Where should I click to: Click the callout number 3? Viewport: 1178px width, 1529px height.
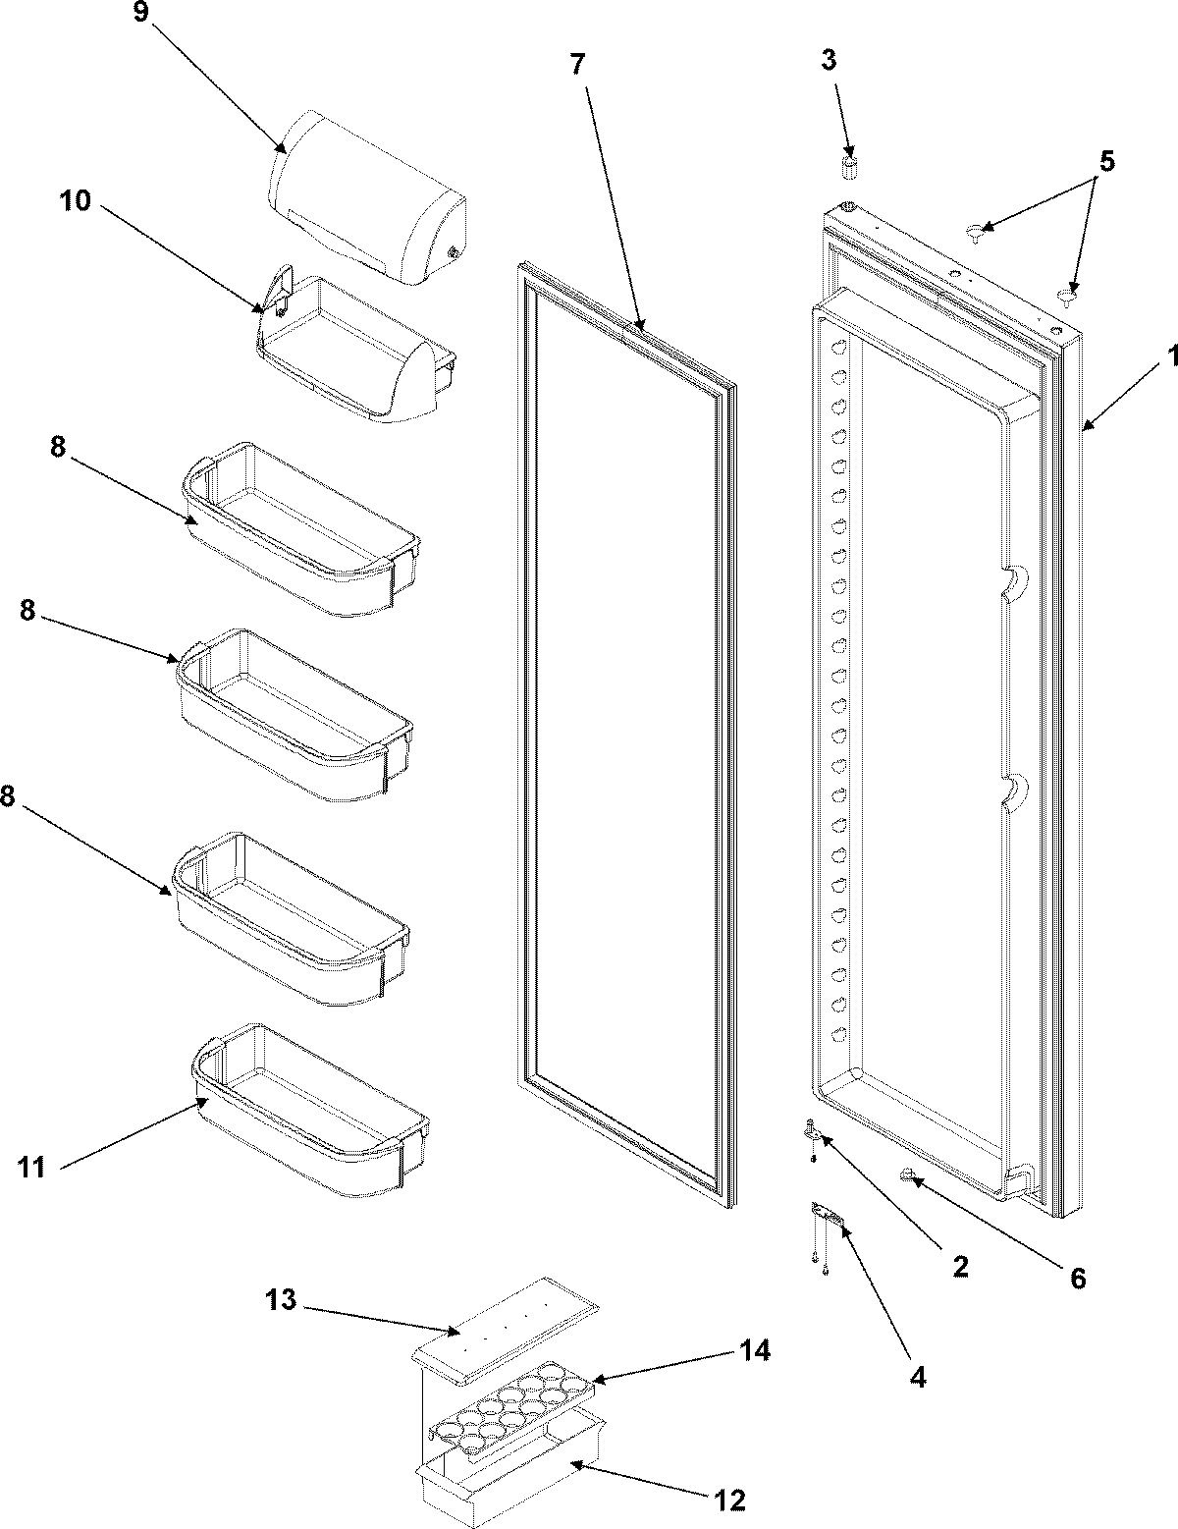[830, 60]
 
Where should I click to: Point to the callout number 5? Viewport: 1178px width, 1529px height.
[1106, 160]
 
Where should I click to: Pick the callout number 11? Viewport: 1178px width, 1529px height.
[31, 1167]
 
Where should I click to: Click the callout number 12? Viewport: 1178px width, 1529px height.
[730, 1500]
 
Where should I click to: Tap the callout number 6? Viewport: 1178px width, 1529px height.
[1077, 1278]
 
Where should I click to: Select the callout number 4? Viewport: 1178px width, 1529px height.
[917, 1377]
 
